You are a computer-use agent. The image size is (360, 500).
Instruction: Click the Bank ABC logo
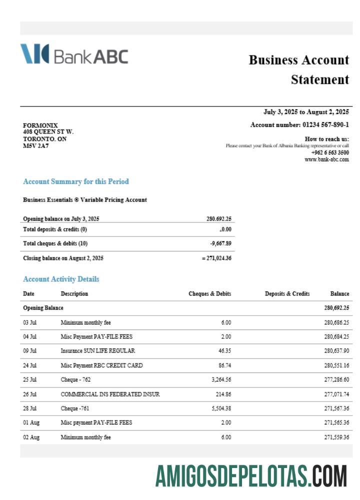74,54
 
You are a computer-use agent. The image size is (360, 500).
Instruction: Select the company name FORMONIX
40,125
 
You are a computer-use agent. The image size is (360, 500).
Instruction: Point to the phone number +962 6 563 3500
330,152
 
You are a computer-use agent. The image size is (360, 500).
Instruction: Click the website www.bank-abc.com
326,159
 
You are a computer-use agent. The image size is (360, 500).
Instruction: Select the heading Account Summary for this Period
76,181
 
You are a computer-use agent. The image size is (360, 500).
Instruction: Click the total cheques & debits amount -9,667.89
219,243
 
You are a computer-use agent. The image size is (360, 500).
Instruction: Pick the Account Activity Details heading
61,279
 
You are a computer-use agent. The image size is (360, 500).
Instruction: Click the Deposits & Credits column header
287,293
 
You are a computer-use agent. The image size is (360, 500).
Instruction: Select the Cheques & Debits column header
209,293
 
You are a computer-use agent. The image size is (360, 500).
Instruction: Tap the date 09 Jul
30,351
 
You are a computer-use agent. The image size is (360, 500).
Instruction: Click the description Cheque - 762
75,380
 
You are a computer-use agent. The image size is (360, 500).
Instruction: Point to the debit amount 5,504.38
218,408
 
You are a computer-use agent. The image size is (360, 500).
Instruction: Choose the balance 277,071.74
336,394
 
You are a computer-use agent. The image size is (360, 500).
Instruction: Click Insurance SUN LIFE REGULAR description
98,351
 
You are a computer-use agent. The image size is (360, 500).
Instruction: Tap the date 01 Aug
31,422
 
